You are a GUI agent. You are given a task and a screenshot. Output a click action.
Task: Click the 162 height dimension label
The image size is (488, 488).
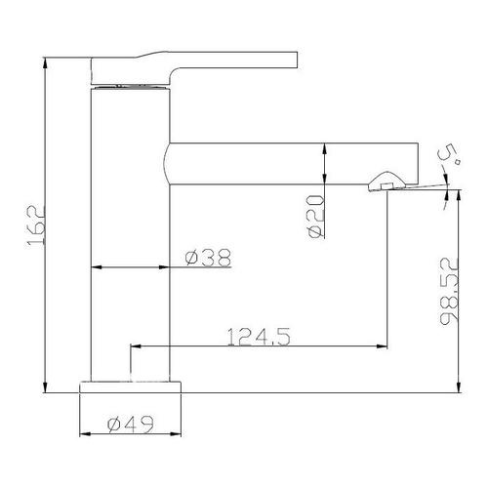35,225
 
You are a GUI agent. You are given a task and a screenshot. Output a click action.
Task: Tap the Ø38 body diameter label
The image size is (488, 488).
208,258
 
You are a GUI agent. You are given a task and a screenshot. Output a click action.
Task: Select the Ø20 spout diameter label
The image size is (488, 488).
316,217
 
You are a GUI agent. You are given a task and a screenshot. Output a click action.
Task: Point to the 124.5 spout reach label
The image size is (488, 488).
259,337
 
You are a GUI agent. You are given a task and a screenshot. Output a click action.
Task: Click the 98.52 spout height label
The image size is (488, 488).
449,292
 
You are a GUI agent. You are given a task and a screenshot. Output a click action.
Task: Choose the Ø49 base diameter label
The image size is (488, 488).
130,425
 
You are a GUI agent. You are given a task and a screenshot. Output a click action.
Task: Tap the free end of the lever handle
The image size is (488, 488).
298,60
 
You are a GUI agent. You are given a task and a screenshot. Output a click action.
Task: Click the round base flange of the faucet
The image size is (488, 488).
130,387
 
